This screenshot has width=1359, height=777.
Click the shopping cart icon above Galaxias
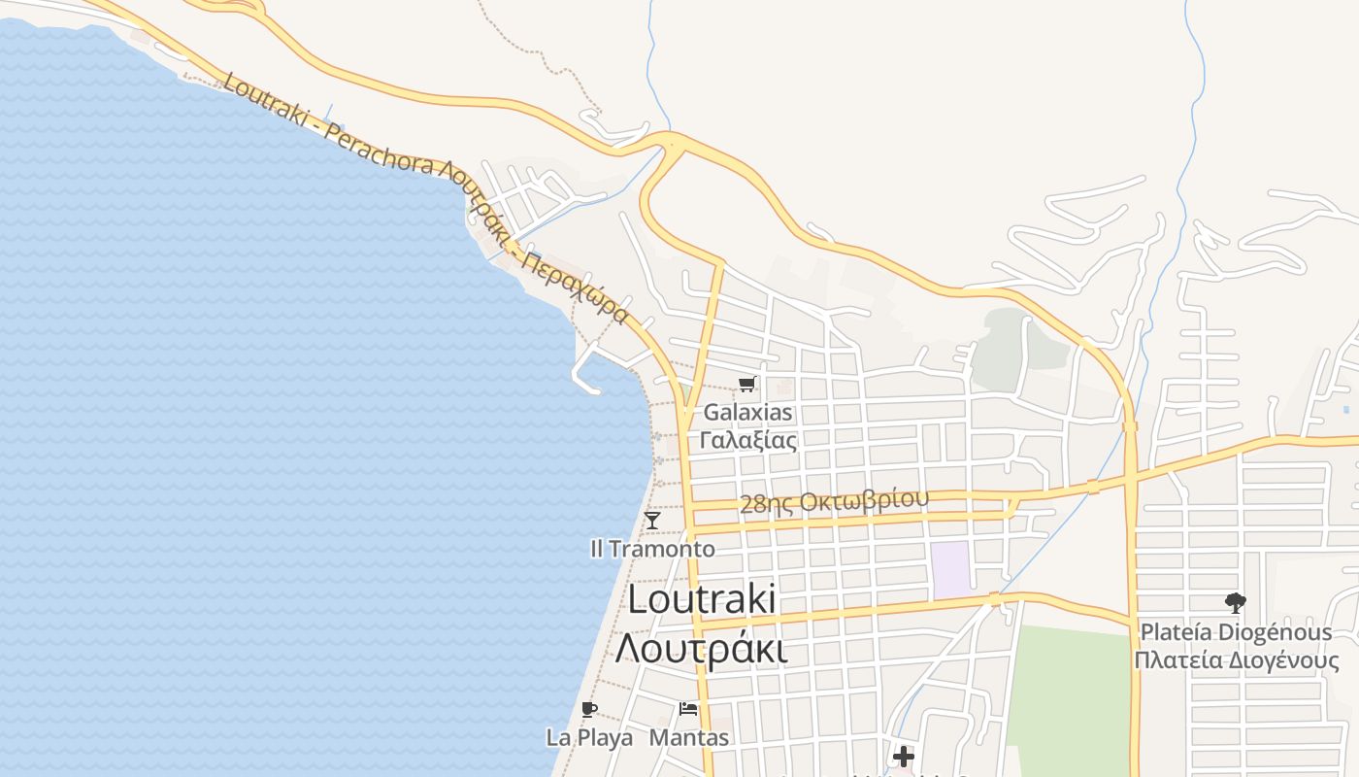(746, 385)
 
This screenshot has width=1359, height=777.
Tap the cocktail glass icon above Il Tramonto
(652, 521)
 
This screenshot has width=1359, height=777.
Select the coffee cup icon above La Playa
(588, 709)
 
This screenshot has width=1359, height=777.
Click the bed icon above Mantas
(688, 709)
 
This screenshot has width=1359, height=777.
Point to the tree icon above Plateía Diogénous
(1235, 603)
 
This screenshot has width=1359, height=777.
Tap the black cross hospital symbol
(904, 756)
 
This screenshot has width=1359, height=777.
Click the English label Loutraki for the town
(701, 598)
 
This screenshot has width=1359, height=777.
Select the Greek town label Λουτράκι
(701, 648)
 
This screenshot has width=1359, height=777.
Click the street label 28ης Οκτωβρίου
(834, 501)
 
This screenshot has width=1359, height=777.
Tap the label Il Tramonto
(652, 549)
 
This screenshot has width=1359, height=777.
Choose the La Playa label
(589, 737)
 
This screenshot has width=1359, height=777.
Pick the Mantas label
(688, 737)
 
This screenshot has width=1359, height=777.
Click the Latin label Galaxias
(747, 413)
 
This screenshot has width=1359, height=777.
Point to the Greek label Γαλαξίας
(747, 440)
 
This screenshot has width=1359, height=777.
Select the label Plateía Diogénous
(1236, 632)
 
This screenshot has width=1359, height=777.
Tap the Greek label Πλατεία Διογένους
(1236, 661)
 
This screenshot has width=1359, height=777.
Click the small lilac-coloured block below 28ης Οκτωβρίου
(950, 569)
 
